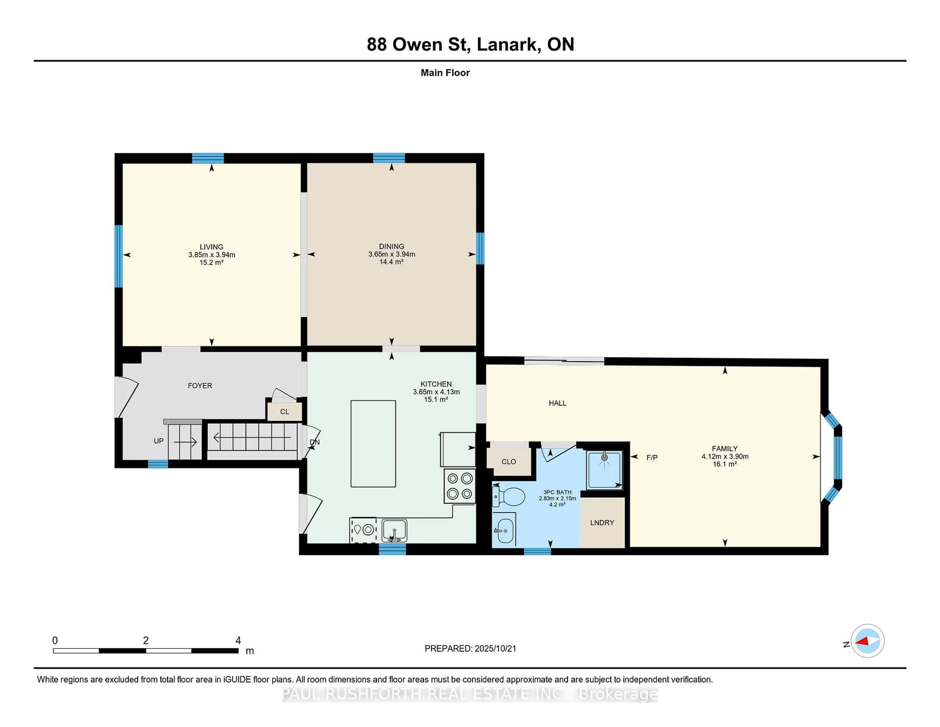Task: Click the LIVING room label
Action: pyautogui.click(x=211, y=247)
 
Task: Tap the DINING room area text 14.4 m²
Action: pyautogui.click(x=391, y=262)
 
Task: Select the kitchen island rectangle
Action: pyautogui.click(x=373, y=444)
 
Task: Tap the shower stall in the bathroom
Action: pyautogui.click(x=605, y=470)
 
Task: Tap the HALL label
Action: pyautogui.click(x=557, y=403)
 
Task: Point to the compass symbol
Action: pyautogui.click(x=867, y=641)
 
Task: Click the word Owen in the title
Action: pyautogui.click(x=417, y=44)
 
